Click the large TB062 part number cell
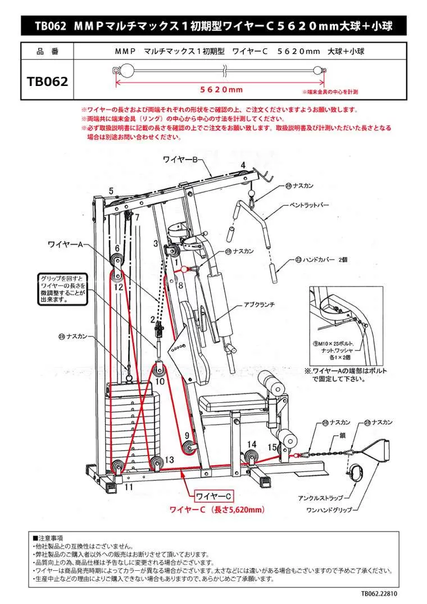[x=48, y=81]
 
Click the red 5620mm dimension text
[x=222, y=90]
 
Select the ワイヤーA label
[x=66, y=244]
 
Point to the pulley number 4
[x=244, y=165]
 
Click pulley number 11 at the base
[x=129, y=487]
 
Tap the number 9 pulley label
[x=186, y=435]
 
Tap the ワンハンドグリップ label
[x=329, y=510]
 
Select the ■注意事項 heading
[x=48, y=538]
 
